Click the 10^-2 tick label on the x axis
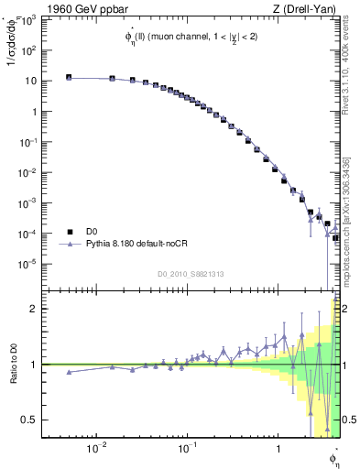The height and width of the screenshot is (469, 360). (x=95, y=447)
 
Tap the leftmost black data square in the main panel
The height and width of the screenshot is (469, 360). (x=69, y=78)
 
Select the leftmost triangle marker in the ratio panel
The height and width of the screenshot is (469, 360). (x=69, y=372)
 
